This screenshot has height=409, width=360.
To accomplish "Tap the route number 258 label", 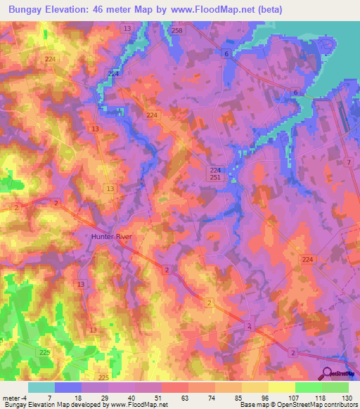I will tap(176, 31).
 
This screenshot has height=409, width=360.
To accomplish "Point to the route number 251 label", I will tap(215, 179).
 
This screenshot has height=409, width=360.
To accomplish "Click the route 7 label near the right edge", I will tap(348, 162).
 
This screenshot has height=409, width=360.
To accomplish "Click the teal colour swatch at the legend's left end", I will tap(41, 387).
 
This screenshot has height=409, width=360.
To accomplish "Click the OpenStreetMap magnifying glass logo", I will tap(328, 374).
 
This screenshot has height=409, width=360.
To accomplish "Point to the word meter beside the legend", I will tap(10, 397).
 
